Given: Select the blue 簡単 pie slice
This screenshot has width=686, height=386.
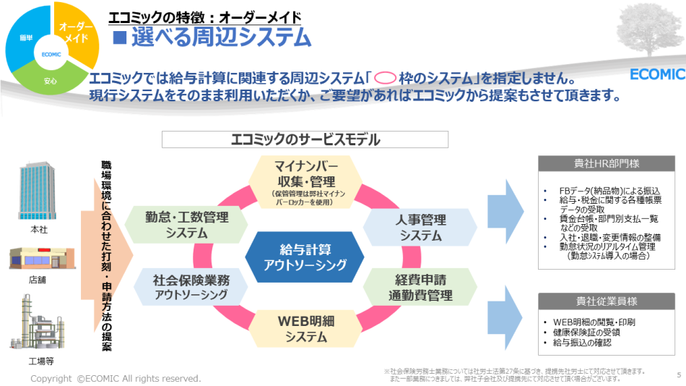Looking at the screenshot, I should pyautogui.click(x=26, y=38).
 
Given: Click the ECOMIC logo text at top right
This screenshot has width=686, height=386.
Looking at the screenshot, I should pyautogui.click(x=656, y=74).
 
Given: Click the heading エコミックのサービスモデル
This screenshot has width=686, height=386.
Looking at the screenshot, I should pyautogui.click(x=305, y=140).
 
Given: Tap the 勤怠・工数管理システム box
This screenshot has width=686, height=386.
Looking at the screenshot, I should pyautogui.click(x=186, y=225).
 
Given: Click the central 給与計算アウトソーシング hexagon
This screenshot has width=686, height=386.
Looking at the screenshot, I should pyautogui.click(x=304, y=257).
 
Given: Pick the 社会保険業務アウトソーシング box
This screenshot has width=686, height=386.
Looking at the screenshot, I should pyautogui.click(x=191, y=287).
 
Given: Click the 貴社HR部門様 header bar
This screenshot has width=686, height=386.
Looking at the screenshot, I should pyautogui.click(x=607, y=163).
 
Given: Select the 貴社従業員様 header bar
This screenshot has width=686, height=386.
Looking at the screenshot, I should pyautogui.click(x=607, y=301).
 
